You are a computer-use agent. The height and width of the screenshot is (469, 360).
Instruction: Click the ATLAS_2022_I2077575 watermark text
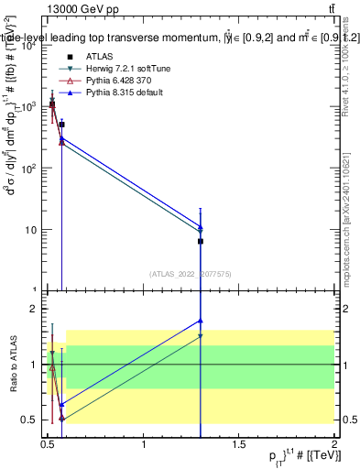[191, 273]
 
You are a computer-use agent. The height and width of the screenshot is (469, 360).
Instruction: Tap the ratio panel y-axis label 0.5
[32, 420]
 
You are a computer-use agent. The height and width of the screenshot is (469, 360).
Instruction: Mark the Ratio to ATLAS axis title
[16, 364]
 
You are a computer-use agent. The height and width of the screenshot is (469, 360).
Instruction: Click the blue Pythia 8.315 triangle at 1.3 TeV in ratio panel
[201, 321]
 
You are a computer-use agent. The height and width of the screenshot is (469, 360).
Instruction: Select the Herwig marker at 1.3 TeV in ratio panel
[201, 336]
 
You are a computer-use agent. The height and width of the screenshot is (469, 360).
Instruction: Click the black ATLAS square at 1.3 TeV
[201, 241]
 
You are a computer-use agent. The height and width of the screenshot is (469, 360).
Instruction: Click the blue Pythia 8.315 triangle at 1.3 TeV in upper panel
[201, 224]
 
